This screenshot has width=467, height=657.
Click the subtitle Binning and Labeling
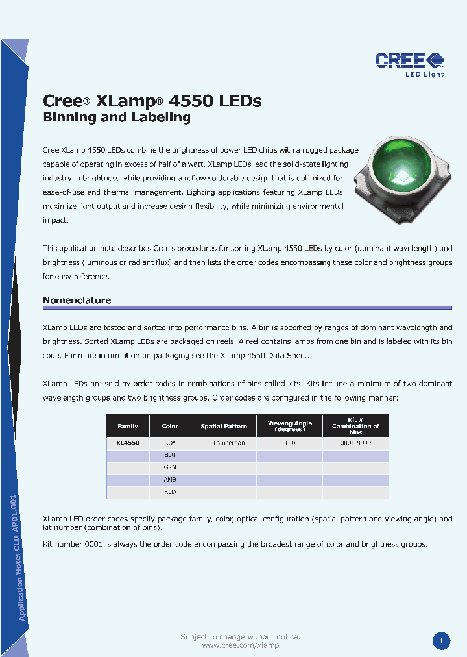coord(117,118)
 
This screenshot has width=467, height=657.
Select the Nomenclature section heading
coord(77,300)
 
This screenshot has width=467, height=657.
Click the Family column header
coord(128,427)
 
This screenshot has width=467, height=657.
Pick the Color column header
coord(170,427)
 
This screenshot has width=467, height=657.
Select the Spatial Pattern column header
coord(224,427)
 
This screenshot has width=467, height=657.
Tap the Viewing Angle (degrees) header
coord(290,427)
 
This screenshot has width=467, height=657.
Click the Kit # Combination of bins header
coord(355,427)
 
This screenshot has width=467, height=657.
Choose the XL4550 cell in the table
coord(128,443)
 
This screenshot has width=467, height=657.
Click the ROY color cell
coord(170,443)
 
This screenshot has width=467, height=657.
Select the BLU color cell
coord(170,455)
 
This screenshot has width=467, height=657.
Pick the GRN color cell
coord(170,467)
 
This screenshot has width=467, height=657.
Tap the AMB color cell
coord(170,480)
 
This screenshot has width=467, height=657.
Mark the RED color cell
coord(170,492)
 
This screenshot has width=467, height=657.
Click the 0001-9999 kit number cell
coord(355,443)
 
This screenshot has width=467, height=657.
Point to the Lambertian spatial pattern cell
coord(224,443)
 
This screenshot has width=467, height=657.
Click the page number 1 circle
coord(441,641)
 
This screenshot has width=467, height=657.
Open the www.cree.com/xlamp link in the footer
coord(240,646)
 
